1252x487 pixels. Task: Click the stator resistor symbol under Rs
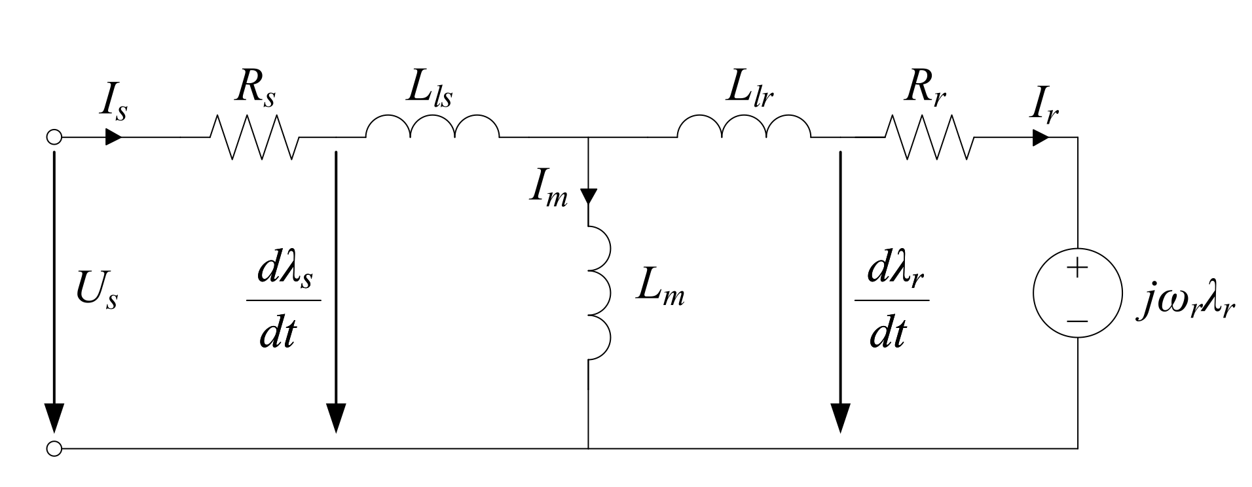click(x=254, y=137)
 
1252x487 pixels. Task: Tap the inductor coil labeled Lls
click(x=432, y=127)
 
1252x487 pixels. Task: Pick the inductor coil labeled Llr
click(x=744, y=127)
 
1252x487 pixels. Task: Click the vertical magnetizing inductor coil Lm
click(x=598, y=293)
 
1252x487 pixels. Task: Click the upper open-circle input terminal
click(x=55, y=137)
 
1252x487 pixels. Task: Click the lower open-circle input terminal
click(x=55, y=449)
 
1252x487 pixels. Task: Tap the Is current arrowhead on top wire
click(x=113, y=137)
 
